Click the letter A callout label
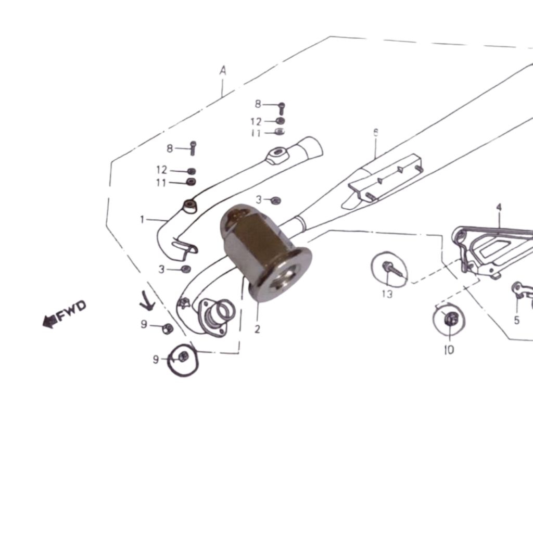click(223, 71)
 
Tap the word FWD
click(71, 311)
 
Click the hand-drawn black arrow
click(147, 301)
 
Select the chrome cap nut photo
click(266, 253)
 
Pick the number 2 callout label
click(257, 329)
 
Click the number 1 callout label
click(142, 220)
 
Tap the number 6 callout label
click(376, 133)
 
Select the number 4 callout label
click(499, 207)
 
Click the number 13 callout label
click(387, 294)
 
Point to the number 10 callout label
click(449, 349)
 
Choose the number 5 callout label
click(517, 320)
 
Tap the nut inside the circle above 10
click(450, 319)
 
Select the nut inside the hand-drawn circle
click(183, 357)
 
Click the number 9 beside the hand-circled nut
click(156, 359)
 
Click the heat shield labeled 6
click(383, 182)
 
